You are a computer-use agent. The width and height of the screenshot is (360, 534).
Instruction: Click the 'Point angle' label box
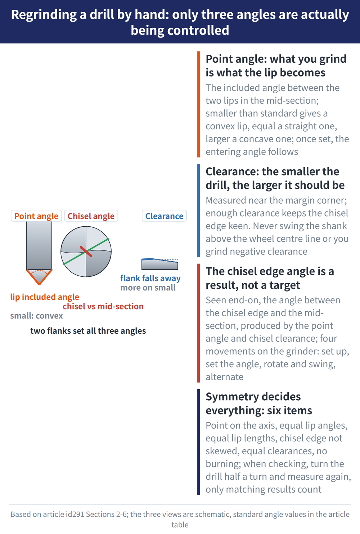click(36, 216)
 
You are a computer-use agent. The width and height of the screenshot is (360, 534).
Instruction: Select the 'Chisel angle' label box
click(91, 216)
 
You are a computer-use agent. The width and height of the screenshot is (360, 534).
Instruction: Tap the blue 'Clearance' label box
click(165, 216)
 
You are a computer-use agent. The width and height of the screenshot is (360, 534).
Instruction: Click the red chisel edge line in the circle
click(86, 252)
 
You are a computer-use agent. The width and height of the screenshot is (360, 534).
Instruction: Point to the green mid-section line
click(86, 252)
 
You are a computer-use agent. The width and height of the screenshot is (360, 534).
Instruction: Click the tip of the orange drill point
click(39, 284)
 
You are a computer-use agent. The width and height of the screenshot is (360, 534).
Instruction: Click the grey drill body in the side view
click(39, 245)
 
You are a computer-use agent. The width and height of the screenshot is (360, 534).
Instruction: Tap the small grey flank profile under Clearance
click(159, 264)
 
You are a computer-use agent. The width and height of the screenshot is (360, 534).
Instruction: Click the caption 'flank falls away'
click(150, 278)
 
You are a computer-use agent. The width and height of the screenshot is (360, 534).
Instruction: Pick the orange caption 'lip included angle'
click(45, 297)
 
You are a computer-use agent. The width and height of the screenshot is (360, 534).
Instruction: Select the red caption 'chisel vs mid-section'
click(103, 306)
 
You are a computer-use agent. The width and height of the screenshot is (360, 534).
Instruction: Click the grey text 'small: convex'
click(36, 316)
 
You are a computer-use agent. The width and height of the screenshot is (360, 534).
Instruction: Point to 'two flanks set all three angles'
click(88, 331)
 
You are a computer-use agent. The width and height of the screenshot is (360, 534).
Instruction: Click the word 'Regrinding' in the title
click(44, 15)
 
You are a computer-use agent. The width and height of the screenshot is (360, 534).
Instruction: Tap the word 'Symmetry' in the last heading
click(229, 397)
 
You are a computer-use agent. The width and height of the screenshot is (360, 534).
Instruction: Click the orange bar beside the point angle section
click(198, 104)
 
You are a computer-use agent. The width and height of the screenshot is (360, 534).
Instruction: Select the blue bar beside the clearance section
click(198, 210)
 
